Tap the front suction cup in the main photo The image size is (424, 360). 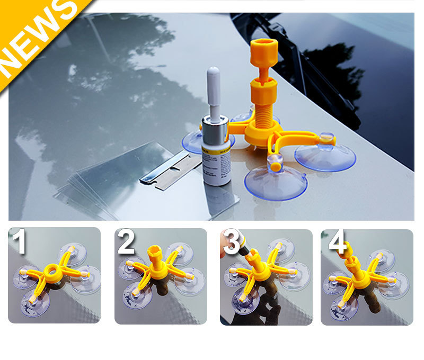pyautogui.click(x=276, y=183)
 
